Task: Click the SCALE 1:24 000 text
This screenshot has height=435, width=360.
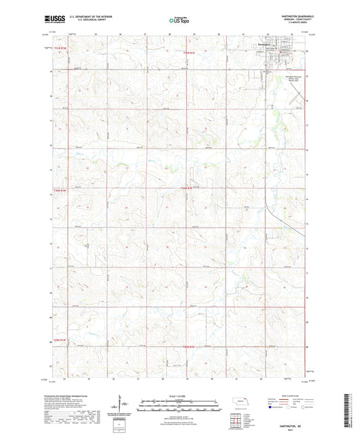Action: [179, 394]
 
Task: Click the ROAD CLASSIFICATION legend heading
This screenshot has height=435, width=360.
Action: [290, 395]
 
